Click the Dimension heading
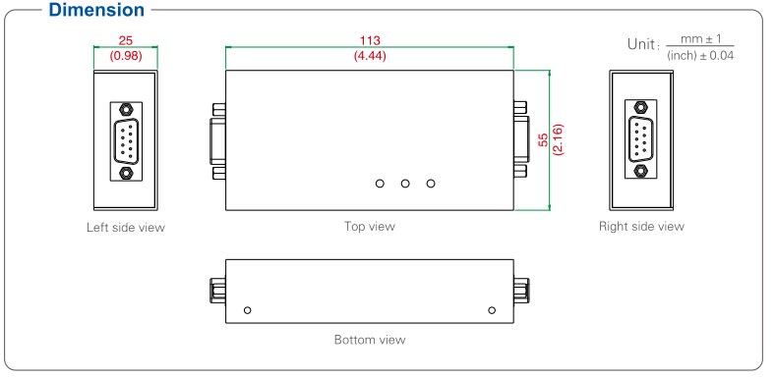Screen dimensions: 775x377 pos(96,10)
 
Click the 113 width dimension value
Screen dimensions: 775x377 pos(370,40)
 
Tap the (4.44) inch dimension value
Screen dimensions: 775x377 pos(370,56)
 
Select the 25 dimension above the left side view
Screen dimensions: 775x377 pos(126,40)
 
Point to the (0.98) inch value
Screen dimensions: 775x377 pos(126,56)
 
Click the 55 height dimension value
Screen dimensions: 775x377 pos(543,139)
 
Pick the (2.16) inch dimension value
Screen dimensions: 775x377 pos(559,139)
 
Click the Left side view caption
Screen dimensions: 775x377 pos(126,228)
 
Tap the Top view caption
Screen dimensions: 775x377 pos(370,227)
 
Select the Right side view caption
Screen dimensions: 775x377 pos(641,227)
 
